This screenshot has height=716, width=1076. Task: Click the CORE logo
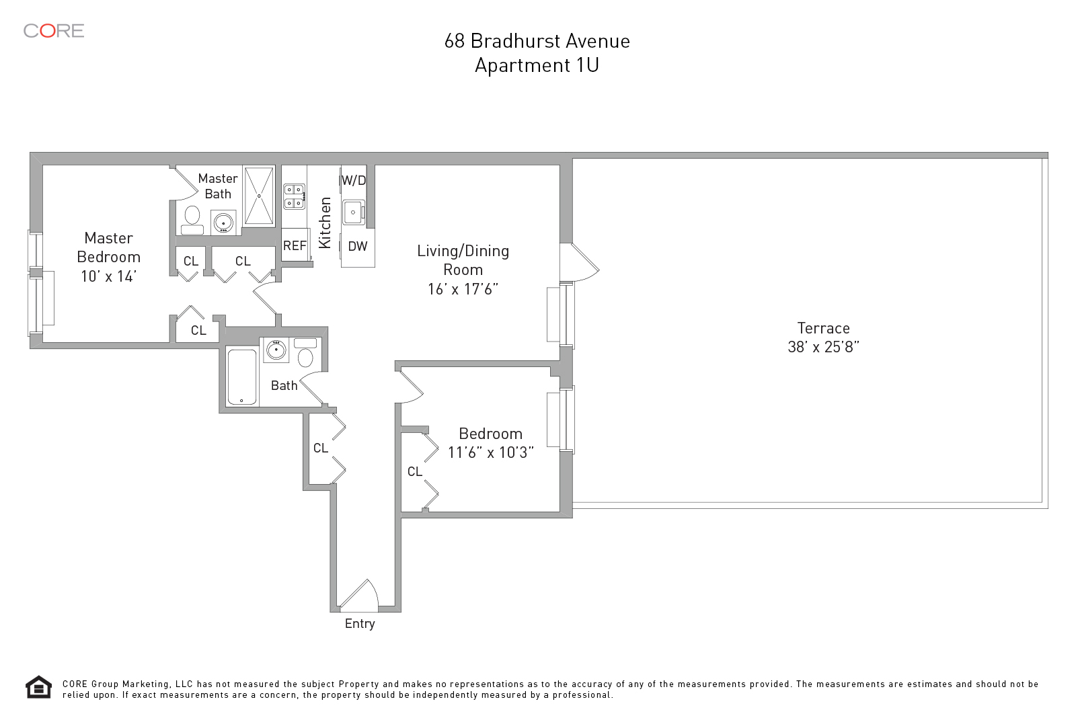pyautogui.click(x=54, y=31)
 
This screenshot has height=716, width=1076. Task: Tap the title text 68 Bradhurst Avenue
pyautogui.click(x=537, y=41)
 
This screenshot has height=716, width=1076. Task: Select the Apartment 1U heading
pyautogui.click(x=537, y=65)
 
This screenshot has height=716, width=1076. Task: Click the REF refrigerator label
pyautogui.click(x=295, y=246)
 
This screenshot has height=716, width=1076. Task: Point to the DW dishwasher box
pyautogui.click(x=357, y=247)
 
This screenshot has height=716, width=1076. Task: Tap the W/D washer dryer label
pyautogui.click(x=354, y=180)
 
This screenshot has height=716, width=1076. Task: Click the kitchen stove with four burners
pyautogui.click(x=294, y=196)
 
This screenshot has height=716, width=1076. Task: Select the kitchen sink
pyautogui.click(x=353, y=212)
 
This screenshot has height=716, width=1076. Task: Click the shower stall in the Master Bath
pyautogui.click(x=259, y=196)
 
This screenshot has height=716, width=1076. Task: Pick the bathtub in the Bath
pyautogui.click(x=242, y=377)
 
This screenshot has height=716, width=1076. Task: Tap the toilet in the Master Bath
pyautogui.click(x=192, y=219)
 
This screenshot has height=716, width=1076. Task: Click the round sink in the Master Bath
pyautogui.click(x=223, y=221)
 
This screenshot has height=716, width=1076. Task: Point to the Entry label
pyautogui.click(x=360, y=624)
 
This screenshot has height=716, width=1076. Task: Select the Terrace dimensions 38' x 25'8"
pyautogui.click(x=823, y=347)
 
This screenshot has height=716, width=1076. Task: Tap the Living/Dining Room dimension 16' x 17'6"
pyautogui.click(x=463, y=289)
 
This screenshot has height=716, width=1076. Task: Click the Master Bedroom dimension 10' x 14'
pyautogui.click(x=108, y=276)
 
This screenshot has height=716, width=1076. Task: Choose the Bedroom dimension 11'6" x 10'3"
pyautogui.click(x=491, y=452)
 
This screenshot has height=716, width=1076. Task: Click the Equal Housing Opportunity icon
pyautogui.click(x=38, y=687)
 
